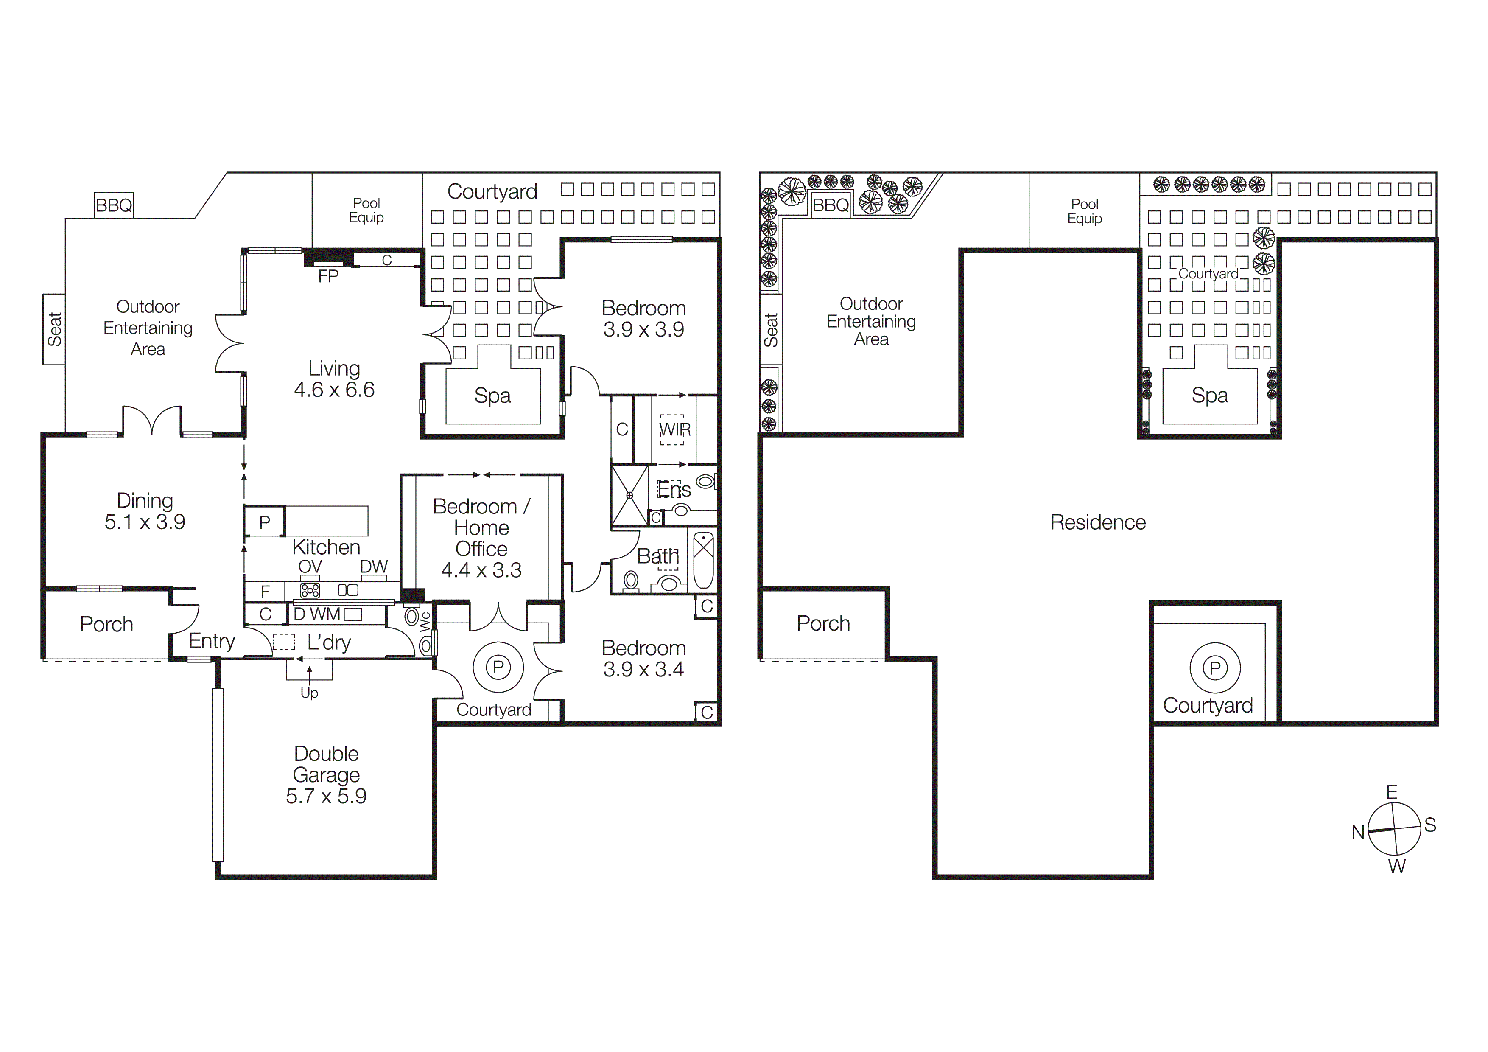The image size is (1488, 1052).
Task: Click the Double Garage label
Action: tap(326, 774)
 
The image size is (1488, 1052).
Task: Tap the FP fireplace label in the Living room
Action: tap(328, 277)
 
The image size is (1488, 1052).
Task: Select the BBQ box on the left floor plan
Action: tap(114, 205)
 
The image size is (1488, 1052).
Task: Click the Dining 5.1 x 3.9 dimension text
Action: tap(145, 522)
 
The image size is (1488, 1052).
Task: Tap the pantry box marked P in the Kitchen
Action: tap(264, 522)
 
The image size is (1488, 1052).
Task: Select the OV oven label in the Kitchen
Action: tap(310, 566)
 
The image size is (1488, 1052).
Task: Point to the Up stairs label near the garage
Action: tap(309, 693)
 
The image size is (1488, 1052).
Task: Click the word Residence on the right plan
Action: tap(1097, 522)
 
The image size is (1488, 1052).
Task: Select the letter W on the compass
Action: tap(1397, 867)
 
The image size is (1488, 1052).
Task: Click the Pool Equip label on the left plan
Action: tap(366, 210)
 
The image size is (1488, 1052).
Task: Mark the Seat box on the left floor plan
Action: tap(54, 329)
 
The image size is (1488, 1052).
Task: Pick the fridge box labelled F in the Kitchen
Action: tap(265, 591)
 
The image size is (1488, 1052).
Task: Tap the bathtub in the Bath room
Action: tap(703, 560)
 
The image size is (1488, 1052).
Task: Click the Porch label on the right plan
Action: tap(823, 623)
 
